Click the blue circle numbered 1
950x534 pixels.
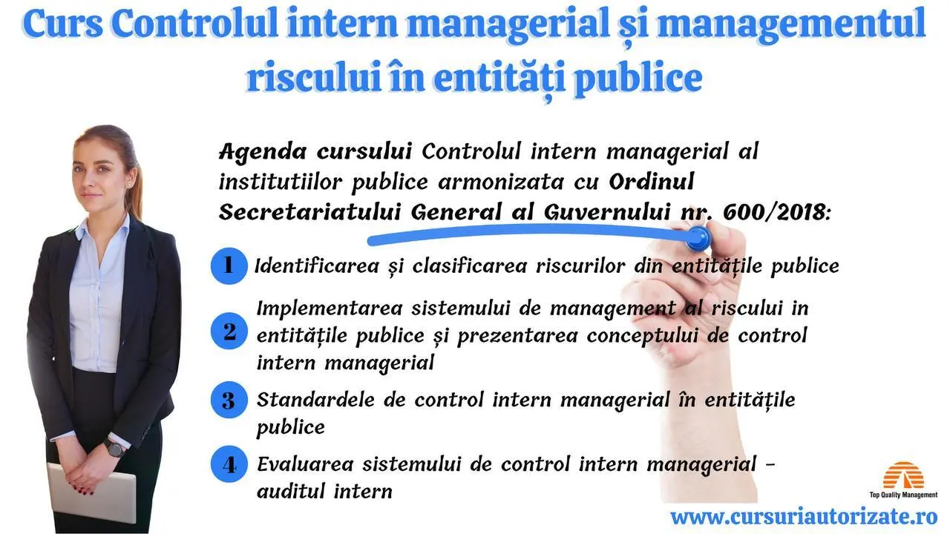(x=229, y=266)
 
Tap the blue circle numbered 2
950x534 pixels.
(x=229, y=331)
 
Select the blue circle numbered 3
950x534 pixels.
(x=229, y=400)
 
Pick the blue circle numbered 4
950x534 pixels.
(x=229, y=464)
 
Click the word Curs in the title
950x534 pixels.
(x=62, y=24)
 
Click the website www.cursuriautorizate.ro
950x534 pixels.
(x=804, y=517)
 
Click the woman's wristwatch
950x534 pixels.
(x=114, y=448)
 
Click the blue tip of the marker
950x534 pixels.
(x=698, y=238)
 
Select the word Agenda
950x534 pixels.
(x=263, y=152)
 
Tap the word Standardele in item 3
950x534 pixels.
(x=315, y=400)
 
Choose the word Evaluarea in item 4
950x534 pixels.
(x=305, y=464)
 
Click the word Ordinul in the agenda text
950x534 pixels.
(x=652, y=182)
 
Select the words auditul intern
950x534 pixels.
(x=324, y=492)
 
